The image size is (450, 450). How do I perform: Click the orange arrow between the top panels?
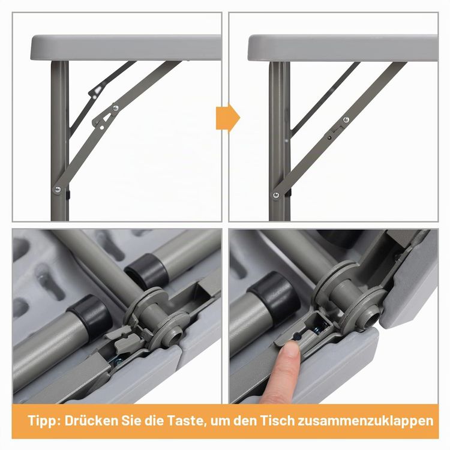(x=227, y=117)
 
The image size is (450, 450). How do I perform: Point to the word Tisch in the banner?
(x=278, y=421)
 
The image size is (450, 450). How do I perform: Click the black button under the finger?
(x=297, y=337)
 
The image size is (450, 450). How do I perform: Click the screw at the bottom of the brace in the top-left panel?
(x=58, y=189)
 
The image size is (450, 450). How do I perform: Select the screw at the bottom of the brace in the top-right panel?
(x=276, y=195)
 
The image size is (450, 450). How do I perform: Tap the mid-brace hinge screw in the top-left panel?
(x=116, y=108)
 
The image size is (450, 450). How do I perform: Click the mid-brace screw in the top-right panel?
(x=346, y=119)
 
